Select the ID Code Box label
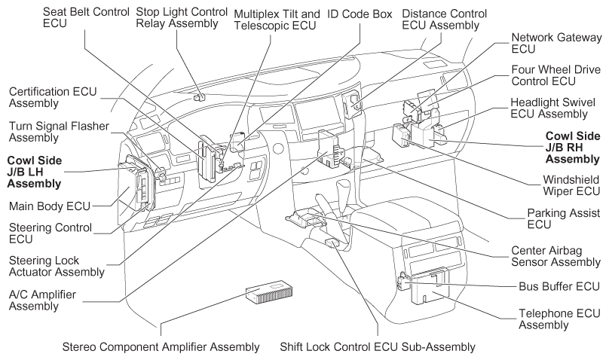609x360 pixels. [x=358, y=14]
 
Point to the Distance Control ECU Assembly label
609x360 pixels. [x=445, y=20]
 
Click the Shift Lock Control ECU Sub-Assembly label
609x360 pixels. [x=378, y=347]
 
